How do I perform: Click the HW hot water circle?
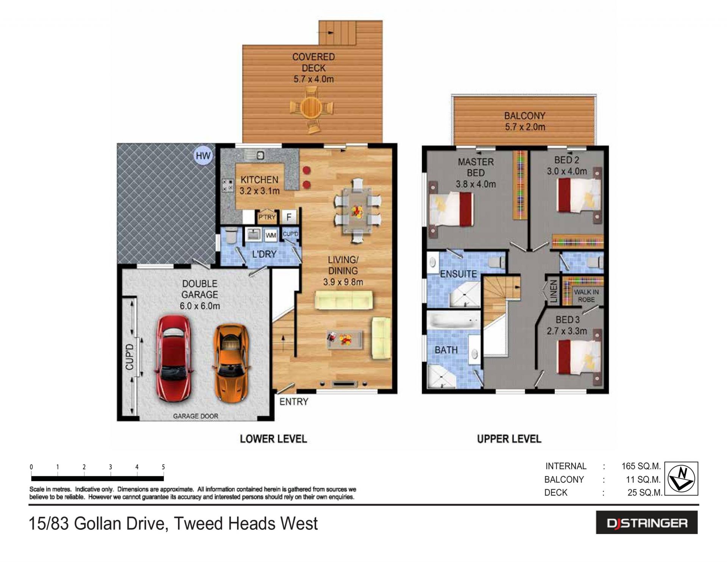(203, 156)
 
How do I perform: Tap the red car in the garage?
(174, 358)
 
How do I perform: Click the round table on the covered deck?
(312, 108)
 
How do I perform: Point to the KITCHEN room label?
(259, 180)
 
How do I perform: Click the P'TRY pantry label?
(267, 217)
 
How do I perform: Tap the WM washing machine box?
(271, 235)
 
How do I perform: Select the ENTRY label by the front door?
(294, 402)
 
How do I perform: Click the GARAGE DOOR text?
(195, 416)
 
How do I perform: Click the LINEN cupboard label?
(554, 291)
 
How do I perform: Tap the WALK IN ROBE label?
(586, 296)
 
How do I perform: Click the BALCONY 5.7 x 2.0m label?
(525, 121)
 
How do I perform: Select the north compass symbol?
(682, 479)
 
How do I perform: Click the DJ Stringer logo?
(647, 523)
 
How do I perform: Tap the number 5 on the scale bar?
(163, 467)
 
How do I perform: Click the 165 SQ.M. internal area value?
(641, 466)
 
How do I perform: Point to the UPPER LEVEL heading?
(509, 439)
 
